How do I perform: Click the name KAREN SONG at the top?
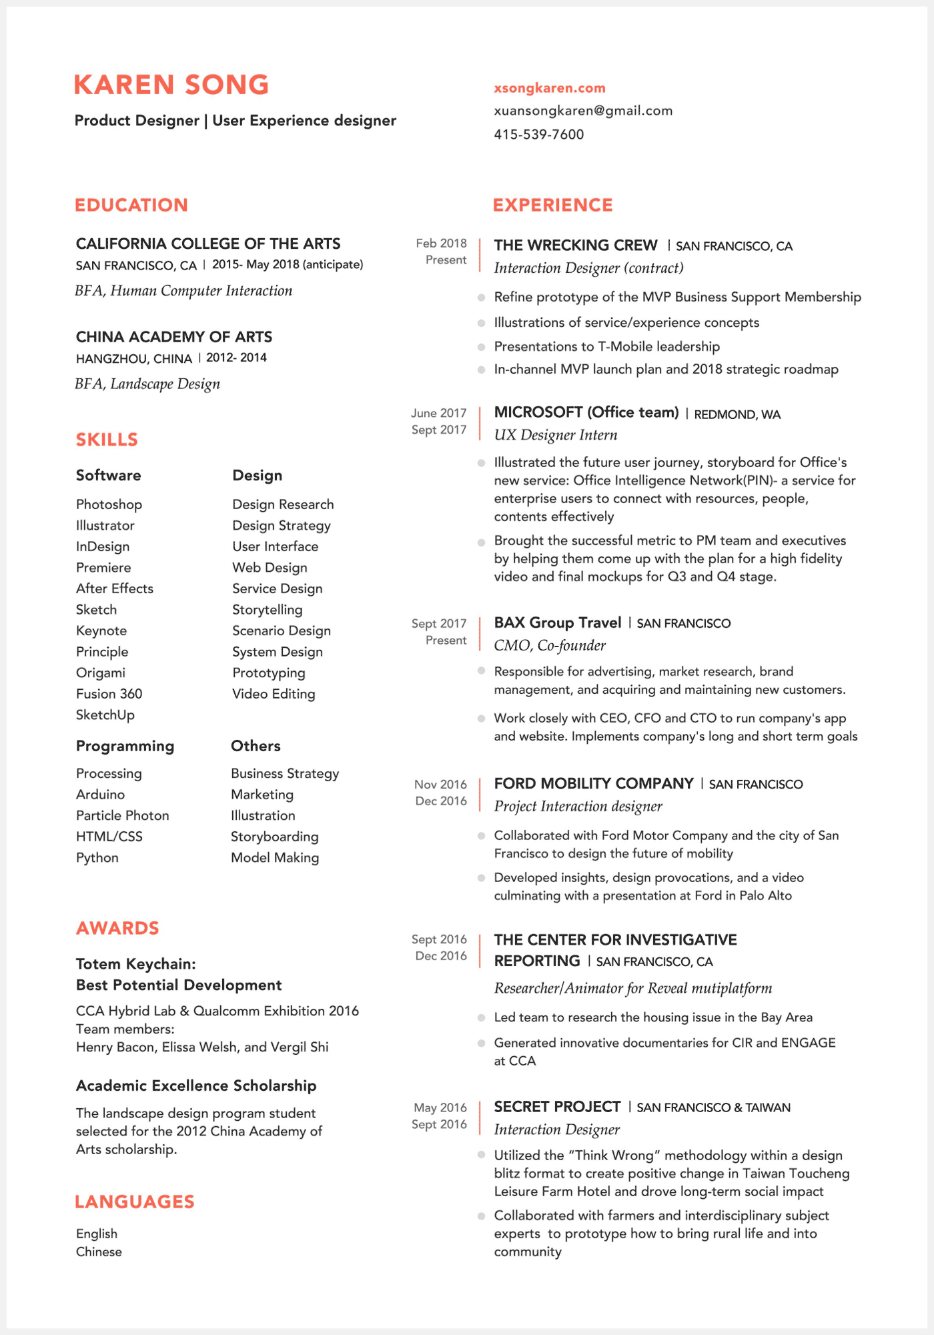tap(171, 85)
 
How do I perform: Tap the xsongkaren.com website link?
tap(550, 88)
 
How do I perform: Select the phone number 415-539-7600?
tap(538, 134)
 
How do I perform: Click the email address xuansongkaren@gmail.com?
tap(583, 111)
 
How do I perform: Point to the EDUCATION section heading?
tap(131, 205)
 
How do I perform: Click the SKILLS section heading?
tap(107, 440)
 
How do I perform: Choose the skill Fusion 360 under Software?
tap(109, 694)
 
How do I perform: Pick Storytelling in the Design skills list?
tap(267, 610)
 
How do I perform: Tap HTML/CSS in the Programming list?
tap(109, 837)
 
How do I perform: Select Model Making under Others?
tap(275, 858)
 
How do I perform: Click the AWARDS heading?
tap(117, 928)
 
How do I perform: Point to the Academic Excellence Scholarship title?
tap(196, 1085)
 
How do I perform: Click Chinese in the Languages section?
tap(99, 1252)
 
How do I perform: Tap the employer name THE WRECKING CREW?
tap(576, 246)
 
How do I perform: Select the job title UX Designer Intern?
tap(556, 435)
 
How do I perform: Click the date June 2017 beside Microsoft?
tap(438, 413)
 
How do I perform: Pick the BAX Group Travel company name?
tap(557, 622)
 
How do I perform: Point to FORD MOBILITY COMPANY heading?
tap(594, 783)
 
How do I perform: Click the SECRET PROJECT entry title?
tap(557, 1107)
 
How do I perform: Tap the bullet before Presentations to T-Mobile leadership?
tap(481, 347)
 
